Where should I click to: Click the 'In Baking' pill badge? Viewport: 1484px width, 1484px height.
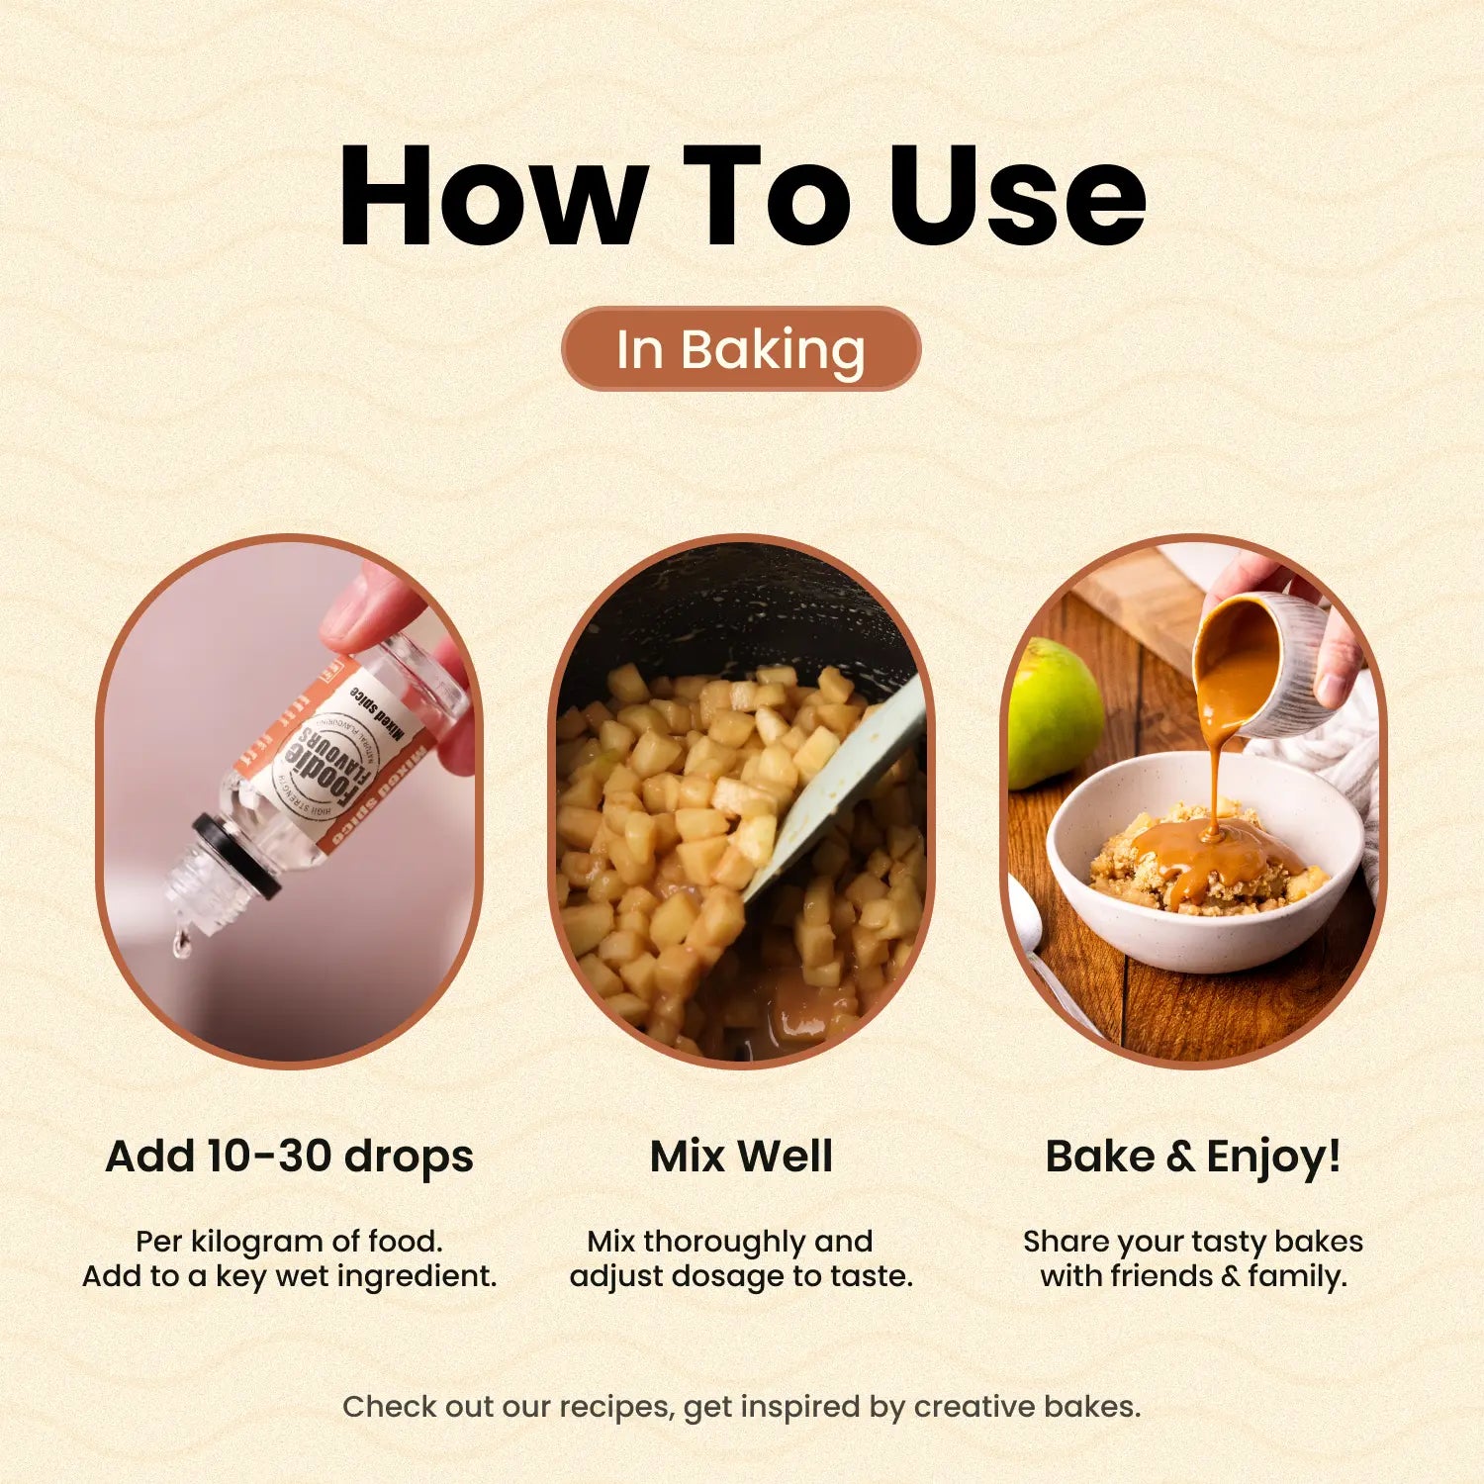[x=741, y=349]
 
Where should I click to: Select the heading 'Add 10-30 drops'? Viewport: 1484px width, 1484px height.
[x=289, y=1156]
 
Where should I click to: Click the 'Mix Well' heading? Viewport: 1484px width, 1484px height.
[x=741, y=1156]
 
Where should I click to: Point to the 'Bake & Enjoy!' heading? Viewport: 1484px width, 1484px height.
[x=1193, y=1156]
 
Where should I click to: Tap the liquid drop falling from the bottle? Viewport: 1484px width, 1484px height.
[x=181, y=944]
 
